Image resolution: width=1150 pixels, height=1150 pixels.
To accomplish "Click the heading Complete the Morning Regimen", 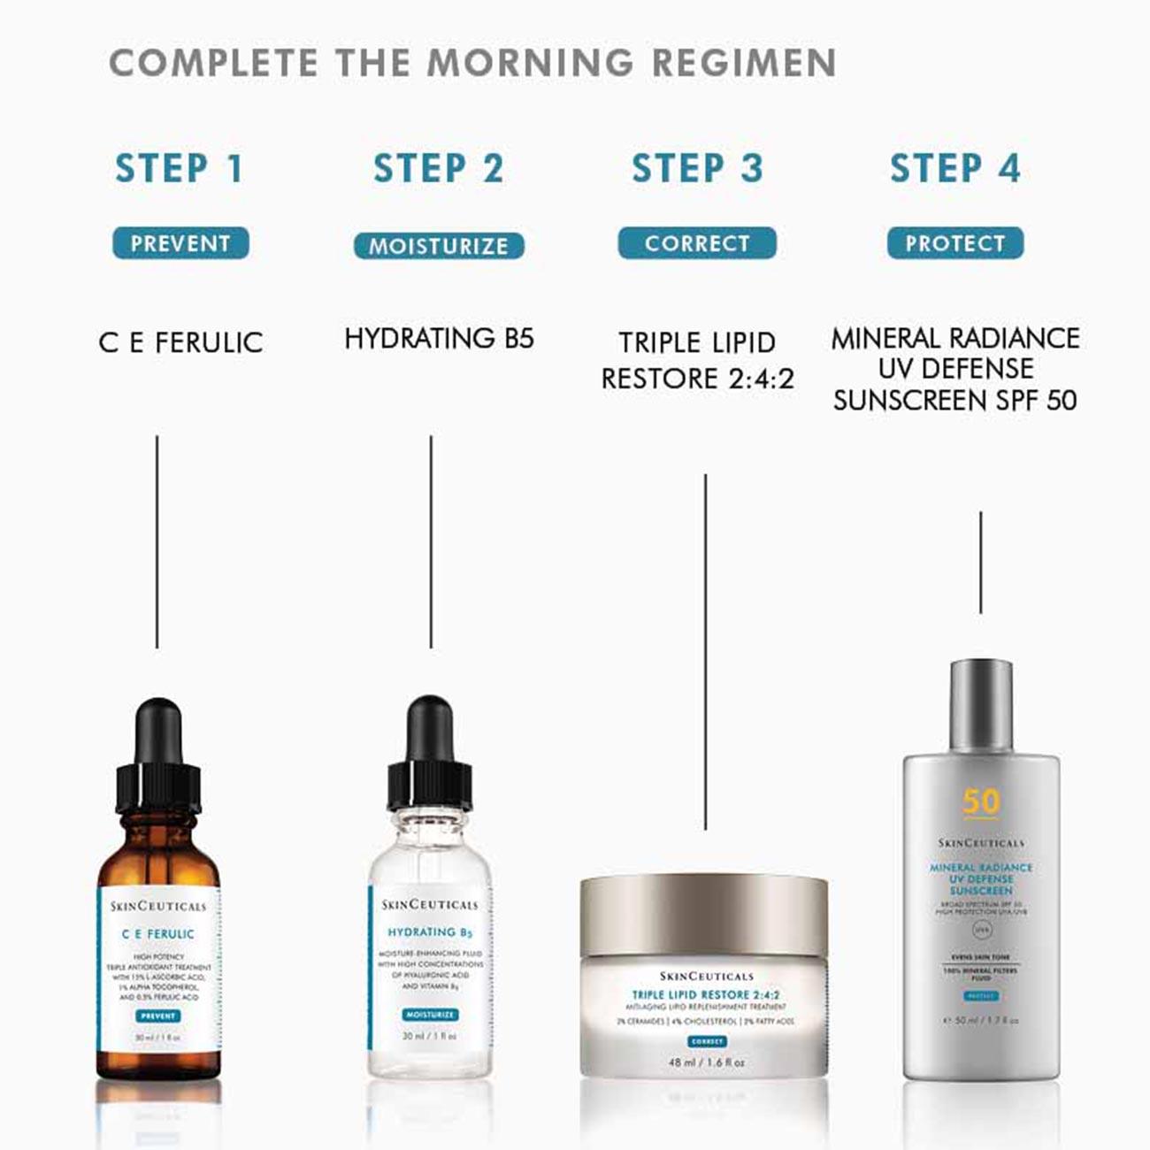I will [472, 63].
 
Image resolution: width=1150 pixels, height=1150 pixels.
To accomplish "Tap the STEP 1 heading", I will [180, 168].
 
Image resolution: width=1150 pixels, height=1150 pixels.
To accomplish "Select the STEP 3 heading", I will [697, 168].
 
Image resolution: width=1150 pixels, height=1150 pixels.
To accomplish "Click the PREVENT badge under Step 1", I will [180, 243].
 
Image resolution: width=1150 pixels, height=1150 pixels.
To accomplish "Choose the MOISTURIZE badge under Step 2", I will [439, 246].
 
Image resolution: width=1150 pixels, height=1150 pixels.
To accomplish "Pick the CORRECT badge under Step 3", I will [697, 243].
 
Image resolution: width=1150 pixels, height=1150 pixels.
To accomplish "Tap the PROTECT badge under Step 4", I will [955, 243].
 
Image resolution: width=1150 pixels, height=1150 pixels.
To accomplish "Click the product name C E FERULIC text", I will [180, 342].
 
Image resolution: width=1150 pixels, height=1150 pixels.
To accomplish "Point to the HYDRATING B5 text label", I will [439, 338].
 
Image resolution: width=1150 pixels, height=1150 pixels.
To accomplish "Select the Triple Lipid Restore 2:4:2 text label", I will [697, 361].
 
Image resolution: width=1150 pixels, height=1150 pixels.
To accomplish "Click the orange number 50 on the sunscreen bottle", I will [980, 801].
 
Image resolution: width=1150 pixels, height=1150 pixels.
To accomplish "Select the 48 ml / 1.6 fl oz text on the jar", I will [706, 1062].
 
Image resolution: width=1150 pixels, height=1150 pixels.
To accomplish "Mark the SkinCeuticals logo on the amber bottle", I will [158, 906].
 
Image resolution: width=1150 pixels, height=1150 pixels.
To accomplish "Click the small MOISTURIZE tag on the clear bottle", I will [430, 1015].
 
